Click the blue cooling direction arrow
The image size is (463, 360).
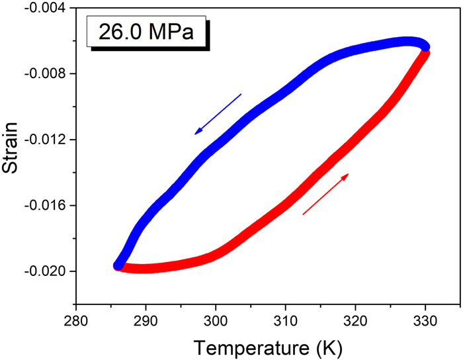coord(218,114)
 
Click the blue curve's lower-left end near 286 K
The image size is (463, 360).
coord(119,265)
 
